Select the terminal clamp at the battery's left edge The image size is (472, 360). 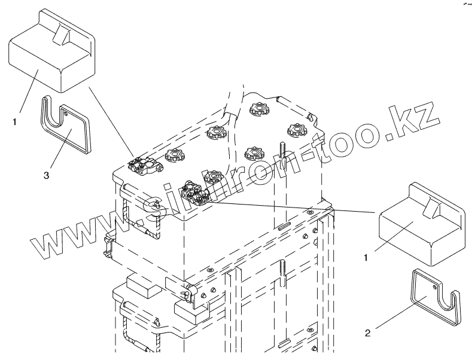coord(145,164)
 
